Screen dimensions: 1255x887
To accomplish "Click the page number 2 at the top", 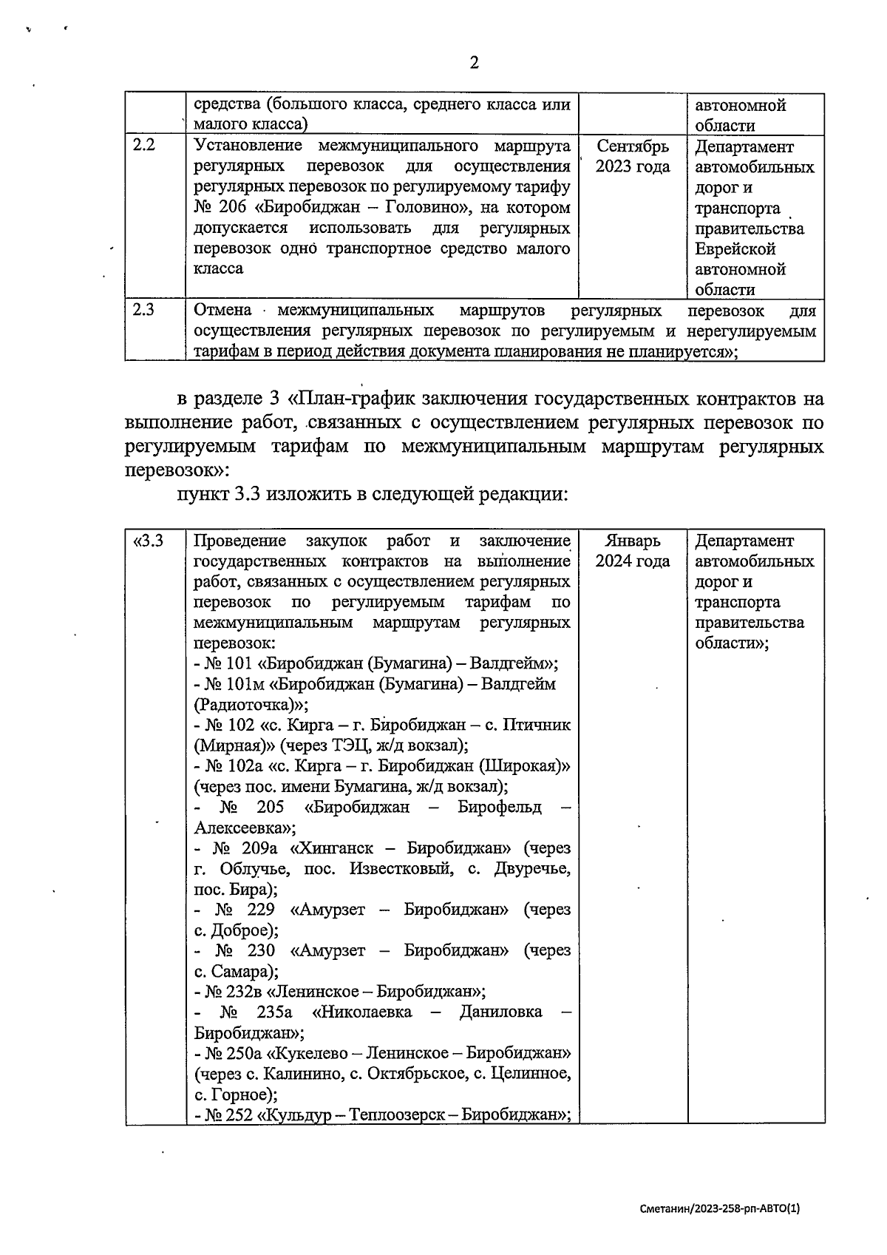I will coord(474,62).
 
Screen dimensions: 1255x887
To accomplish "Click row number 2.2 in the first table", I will coord(143,146).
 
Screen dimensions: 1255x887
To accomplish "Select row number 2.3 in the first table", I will coord(143,310).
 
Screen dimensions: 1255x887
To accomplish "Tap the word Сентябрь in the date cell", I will coord(632,146).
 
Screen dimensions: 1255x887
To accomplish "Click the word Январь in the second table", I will coord(632,541).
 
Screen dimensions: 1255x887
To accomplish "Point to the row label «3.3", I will coord(148,541).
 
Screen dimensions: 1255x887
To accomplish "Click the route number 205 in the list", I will coord(271,806).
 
